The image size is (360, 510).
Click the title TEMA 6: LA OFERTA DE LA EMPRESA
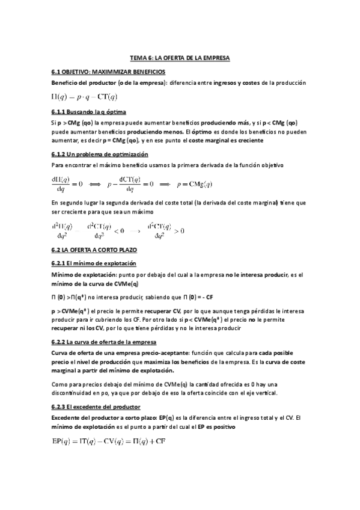point(180,58)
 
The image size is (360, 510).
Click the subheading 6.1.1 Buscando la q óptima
point(88,112)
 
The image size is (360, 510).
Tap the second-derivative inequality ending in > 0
point(166,231)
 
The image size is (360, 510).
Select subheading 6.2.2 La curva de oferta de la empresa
point(104,342)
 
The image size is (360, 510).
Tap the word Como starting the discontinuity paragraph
point(59,384)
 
